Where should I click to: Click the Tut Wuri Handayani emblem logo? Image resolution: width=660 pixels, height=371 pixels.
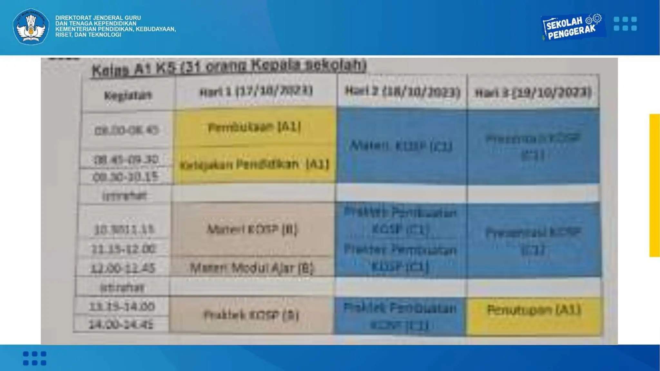click(31, 27)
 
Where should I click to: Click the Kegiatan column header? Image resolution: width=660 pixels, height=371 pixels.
click(128, 95)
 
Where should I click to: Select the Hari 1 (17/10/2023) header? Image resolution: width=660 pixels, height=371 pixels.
click(256, 91)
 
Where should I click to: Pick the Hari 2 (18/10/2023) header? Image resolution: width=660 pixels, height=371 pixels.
click(403, 92)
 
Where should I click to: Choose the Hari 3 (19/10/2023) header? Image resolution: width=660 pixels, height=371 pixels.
click(533, 93)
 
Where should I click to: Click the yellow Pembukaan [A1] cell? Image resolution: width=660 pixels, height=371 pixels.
click(255, 127)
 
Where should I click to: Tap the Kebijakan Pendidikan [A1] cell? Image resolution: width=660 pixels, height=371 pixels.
click(255, 165)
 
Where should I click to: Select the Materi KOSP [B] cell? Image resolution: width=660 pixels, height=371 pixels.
click(252, 229)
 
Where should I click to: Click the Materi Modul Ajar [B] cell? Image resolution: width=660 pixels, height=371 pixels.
click(252, 268)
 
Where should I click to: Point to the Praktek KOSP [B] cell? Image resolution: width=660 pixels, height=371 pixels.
click(251, 315)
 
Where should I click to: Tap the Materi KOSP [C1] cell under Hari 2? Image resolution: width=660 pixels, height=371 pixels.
click(402, 146)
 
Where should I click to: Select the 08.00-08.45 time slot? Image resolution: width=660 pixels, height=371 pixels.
click(126, 130)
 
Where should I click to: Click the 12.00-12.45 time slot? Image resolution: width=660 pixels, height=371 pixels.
click(123, 268)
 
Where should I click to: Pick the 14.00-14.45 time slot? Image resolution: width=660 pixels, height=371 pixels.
click(121, 324)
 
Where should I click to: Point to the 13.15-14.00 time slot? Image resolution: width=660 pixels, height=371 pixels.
click(122, 306)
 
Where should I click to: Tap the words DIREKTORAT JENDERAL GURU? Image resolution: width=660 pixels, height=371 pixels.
click(98, 18)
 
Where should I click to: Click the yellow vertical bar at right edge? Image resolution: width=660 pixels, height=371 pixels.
click(655, 185)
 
